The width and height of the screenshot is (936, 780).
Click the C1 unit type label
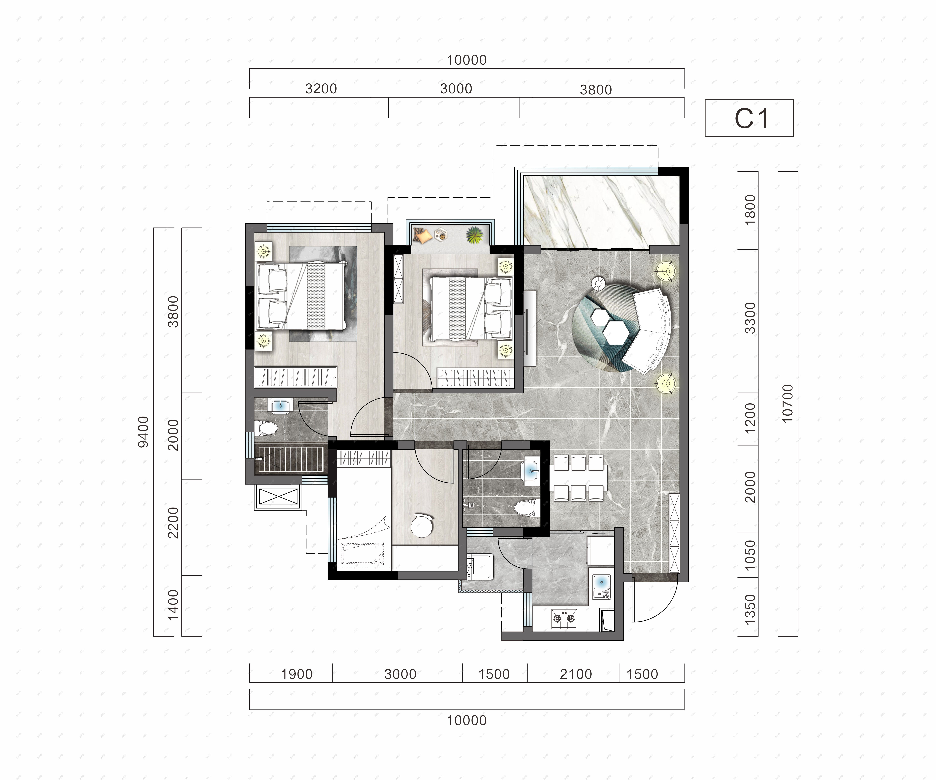tap(751, 119)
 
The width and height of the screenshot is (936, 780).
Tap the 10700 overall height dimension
tap(788, 403)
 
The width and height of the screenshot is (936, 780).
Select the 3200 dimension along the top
tap(321, 89)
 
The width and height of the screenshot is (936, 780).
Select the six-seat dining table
tap(579, 478)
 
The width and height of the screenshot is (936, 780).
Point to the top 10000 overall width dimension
tap(467, 60)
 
